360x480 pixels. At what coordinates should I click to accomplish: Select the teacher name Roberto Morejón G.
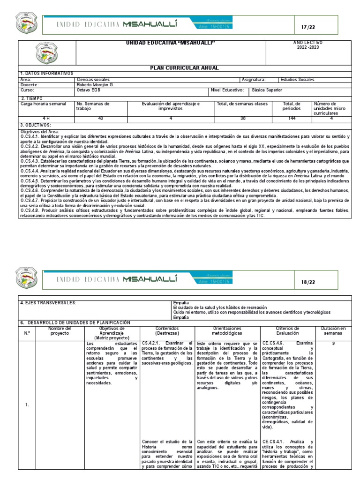click(x=95, y=85)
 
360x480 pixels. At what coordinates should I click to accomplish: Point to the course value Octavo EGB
click(x=88, y=90)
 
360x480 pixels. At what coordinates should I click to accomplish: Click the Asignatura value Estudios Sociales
click(x=297, y=80)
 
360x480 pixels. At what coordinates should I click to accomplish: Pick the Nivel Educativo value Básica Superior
click(x=267, y=90)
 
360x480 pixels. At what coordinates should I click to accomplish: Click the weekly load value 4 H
click(x=46, y=119)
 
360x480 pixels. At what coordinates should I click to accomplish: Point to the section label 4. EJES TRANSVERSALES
click(x=48, y=303)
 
